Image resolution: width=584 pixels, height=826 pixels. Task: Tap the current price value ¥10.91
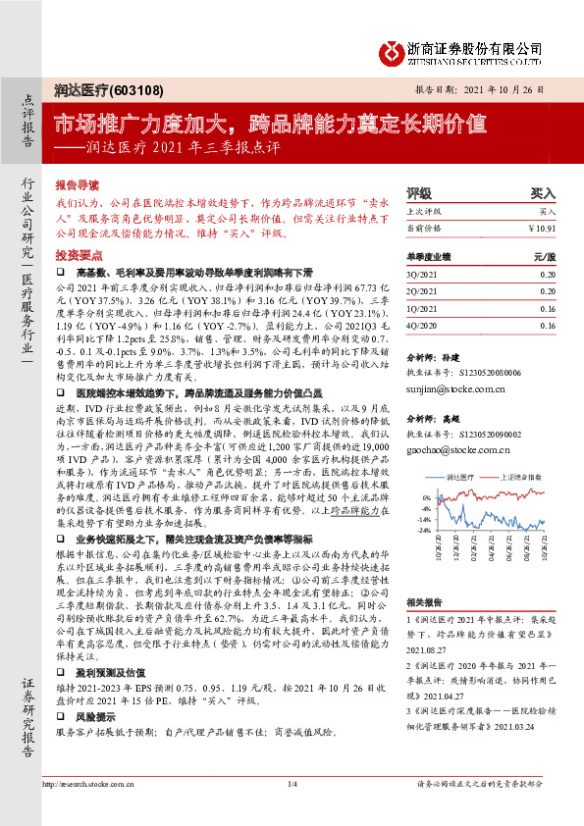[541, 228]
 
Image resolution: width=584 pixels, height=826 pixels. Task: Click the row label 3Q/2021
[423, 276]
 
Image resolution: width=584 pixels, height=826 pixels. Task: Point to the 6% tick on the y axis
[426, 497]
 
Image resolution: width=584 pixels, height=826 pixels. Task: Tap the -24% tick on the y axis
[424, 530]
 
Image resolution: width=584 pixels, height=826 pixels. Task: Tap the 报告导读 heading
[77, 183]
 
